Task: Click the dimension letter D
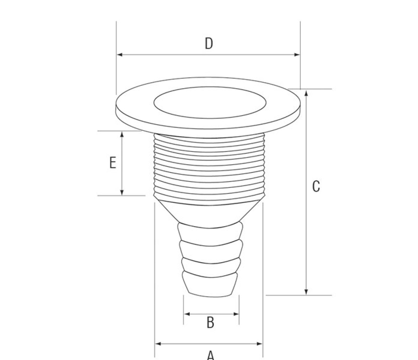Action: [x=209, y=43]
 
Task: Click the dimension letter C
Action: [x=316, y=186]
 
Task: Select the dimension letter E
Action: [x=113, y=163]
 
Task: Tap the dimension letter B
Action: [x=210, y=322]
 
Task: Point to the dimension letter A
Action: [x=210, y=355]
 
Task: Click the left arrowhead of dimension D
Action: [x=120, y=55]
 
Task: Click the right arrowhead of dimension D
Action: [x=296, y=55]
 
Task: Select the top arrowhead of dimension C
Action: [x=306, y=93]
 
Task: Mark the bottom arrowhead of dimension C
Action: [x=306, y=292]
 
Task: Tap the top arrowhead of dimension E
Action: [x=122, y=134]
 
